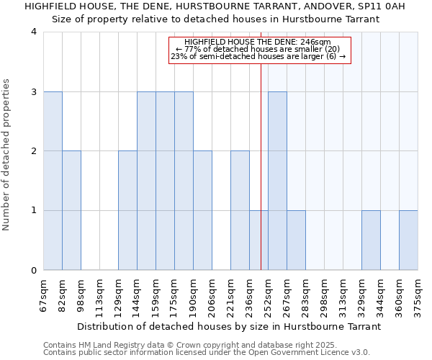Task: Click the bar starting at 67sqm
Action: (53, 181)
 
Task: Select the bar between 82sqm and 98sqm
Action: (71, 210)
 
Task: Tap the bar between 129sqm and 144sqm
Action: (127, 210)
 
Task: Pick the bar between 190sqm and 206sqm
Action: (202, 210)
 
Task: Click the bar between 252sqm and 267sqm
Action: (277, 181)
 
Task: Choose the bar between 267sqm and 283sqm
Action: (296, 240)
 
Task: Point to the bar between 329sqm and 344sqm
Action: (371, 240)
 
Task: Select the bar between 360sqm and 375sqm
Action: (408, 240)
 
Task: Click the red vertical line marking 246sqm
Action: (261, 144)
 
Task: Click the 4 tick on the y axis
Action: (34, 32)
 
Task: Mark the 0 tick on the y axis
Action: (34, 270)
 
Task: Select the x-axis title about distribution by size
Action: (229, 326)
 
